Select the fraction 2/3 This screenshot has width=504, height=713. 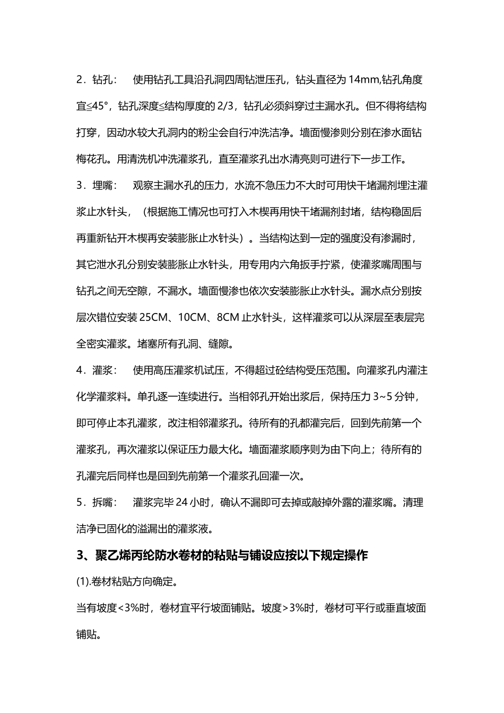coord(227,106)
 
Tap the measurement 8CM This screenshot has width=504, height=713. coord(228,318)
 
